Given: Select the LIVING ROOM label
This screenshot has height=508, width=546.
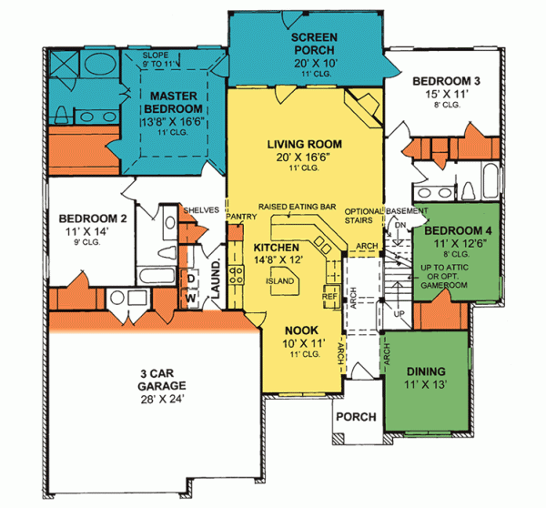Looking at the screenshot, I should click(x=304, y=144).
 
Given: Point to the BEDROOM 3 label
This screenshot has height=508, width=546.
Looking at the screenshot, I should click(x=446, y=79).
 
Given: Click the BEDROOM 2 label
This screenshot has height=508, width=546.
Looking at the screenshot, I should click(x=91, y=218).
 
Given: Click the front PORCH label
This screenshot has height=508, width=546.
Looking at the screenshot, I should click(x=357, y=417).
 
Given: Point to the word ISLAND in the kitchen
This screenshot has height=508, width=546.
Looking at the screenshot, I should click(x=280, y=281).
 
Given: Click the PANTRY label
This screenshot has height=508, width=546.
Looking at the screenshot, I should click(x=241, y=216).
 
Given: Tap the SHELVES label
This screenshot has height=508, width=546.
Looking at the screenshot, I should click(x=201, y=209).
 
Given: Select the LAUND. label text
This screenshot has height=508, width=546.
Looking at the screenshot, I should click(x=217, y=277).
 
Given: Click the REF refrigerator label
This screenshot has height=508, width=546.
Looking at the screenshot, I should click(x=330, y=295).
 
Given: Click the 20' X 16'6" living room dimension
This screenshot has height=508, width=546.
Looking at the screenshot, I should click(x=304, y=157).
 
